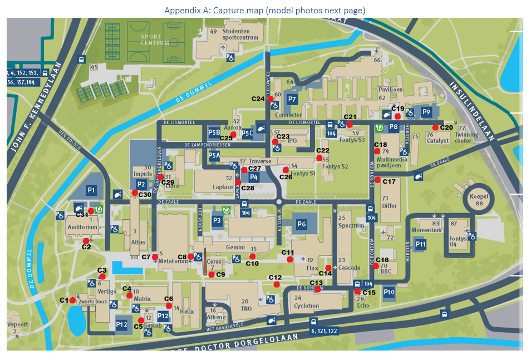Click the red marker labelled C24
[271, 99]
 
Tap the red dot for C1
[72, 300]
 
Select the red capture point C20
[435, 127]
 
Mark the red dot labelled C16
[376, 266]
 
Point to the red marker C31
[91, 211]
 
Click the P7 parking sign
[292, 100]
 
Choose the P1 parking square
[91, 190]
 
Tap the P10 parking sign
[389, 292]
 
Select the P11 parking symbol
[420, 244]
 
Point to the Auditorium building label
[82, 227]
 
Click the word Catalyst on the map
[437, 141]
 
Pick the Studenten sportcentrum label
[240, 34]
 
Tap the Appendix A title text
[265, 11]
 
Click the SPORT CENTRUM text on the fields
[151, 40]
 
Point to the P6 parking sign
[302, 224]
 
